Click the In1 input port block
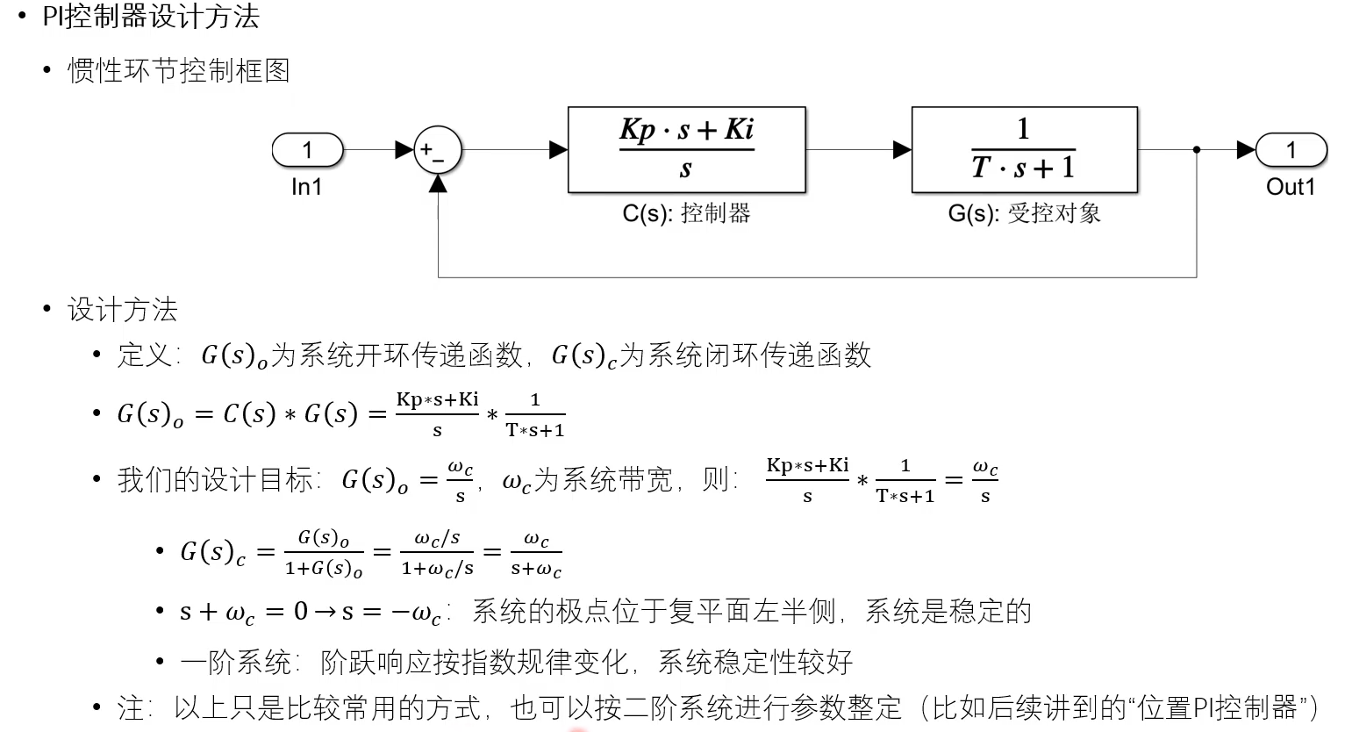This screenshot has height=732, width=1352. [x=307, y=150]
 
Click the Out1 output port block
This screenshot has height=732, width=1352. [x=1290, y=150]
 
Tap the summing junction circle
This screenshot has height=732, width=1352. [x=437, y=150]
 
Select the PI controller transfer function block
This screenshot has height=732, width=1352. [x=686, y=150]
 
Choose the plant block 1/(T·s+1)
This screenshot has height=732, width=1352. [x=1024, y=150]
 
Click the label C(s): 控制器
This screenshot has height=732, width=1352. [x=686, y=213]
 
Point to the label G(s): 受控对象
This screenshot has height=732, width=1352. [x=1024, y=213]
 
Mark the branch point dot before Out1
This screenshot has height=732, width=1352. [x=1197, y=150]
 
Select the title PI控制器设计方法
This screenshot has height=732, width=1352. [x=151, y=16]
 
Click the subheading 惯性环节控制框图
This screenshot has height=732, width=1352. [x=179, y=70]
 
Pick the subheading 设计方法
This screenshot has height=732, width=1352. [x=123, y=309]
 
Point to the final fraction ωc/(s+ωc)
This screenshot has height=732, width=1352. [x=536, y=554]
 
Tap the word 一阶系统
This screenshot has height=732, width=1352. [x=235, y=662]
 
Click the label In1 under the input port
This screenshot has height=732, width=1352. [x=307, y=187]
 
